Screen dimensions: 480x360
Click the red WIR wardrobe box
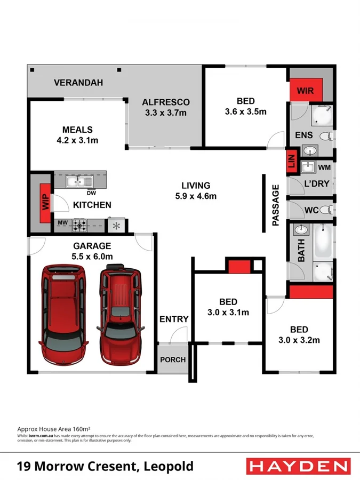pos(306,91)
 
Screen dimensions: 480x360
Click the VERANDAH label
pos(78,83)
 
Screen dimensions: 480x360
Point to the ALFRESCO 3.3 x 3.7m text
pos(165,107)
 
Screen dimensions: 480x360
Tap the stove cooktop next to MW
pos(81,225)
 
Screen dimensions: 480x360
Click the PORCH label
pos(173,359)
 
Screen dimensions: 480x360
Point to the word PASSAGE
pos(276,205)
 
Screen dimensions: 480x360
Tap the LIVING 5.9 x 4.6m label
pos(196,190)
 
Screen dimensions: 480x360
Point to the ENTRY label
pos(174,319)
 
